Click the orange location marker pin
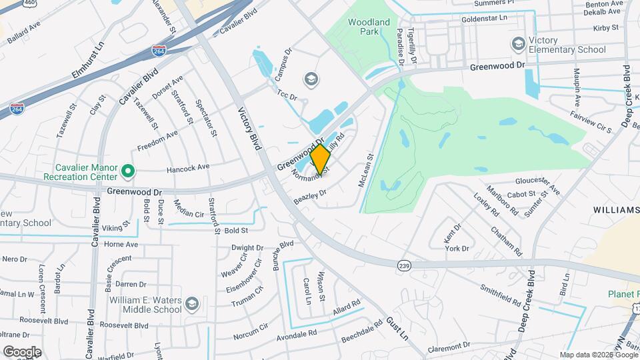click(x=321, y=159)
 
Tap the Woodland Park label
click(x=369, y=27)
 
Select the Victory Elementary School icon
click(x=517, y=45)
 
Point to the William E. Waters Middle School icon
click(x=192, y=304)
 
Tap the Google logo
click(x=21, y=351)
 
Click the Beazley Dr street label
click(x=309, y=196)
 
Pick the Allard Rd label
click(x=346, y=307)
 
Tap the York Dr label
click(x=457, y=249)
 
